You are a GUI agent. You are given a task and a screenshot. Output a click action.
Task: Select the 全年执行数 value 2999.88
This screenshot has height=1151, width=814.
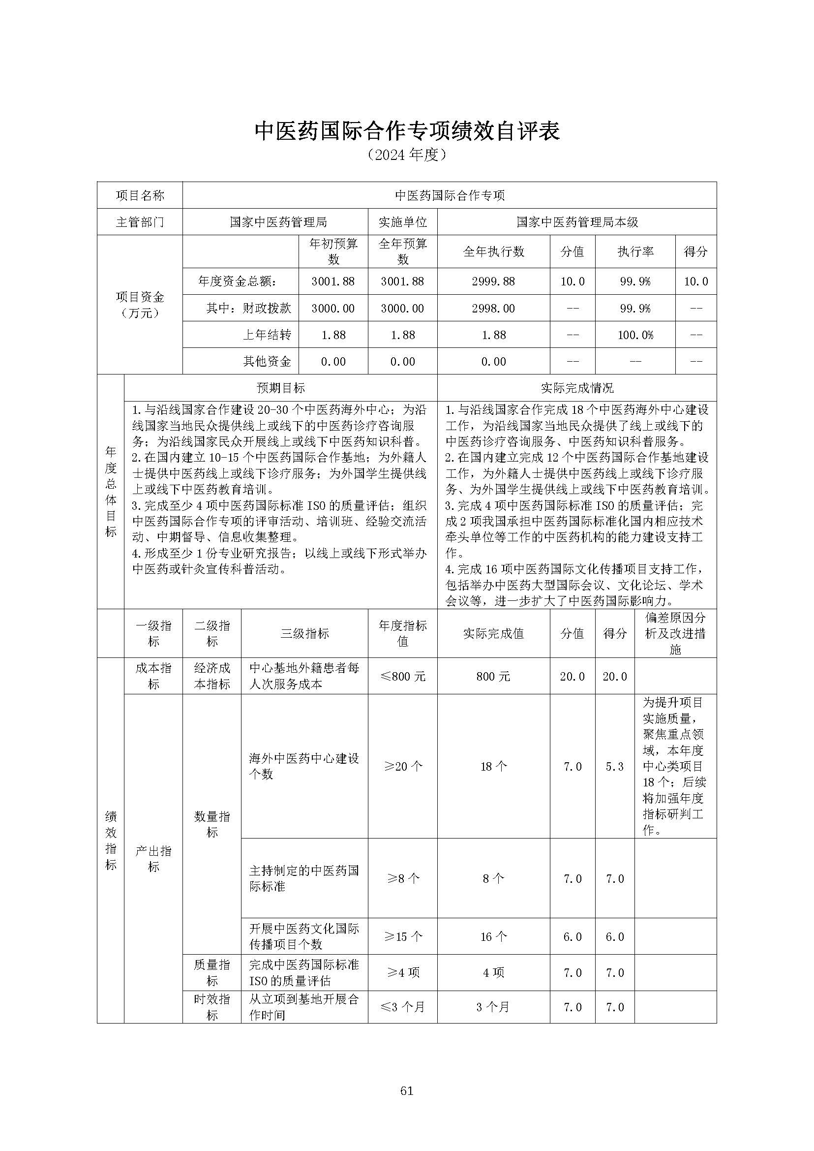click(x=493, y=281)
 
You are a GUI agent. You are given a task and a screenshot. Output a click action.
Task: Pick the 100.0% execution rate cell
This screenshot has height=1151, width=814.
click(x=635, y=335)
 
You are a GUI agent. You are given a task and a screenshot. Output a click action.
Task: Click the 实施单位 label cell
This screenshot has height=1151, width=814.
click(x=402, y=222)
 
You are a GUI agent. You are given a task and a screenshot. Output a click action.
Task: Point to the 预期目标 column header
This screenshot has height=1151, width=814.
click(x=280, y=388)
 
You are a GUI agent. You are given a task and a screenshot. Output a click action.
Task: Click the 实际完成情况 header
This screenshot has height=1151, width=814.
click(x=577, y=388)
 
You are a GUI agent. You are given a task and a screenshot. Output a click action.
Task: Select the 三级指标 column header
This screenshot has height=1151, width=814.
click(x=304, y=633)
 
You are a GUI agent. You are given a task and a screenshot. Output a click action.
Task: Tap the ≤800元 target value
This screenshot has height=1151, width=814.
click(x=402, y=677)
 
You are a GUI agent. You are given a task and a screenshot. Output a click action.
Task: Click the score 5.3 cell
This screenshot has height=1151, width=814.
click(x=614, y=766)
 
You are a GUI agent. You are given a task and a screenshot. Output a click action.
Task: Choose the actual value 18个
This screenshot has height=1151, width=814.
click(x=493, y=766)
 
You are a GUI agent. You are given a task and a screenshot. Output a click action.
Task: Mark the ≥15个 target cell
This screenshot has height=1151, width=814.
click(x=402, y=937)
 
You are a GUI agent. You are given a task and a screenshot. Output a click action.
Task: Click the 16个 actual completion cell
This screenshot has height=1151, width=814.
click(x=493, y=937)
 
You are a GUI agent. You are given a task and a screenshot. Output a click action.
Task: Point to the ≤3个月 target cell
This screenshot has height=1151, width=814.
click(x=402, y=1007)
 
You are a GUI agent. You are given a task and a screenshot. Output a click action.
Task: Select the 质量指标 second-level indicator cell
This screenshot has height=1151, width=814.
click(x=212, y=972)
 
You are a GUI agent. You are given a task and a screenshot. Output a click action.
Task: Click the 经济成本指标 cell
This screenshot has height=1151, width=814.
click(x=212, y=676)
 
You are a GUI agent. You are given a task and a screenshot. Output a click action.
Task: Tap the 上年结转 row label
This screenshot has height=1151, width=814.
click(x=267, y=335)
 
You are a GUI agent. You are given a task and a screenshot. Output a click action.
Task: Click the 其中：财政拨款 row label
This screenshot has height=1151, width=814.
click(x=248, y=308)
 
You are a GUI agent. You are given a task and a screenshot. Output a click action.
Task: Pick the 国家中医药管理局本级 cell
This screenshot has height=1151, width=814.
click(x=577, y=222)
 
